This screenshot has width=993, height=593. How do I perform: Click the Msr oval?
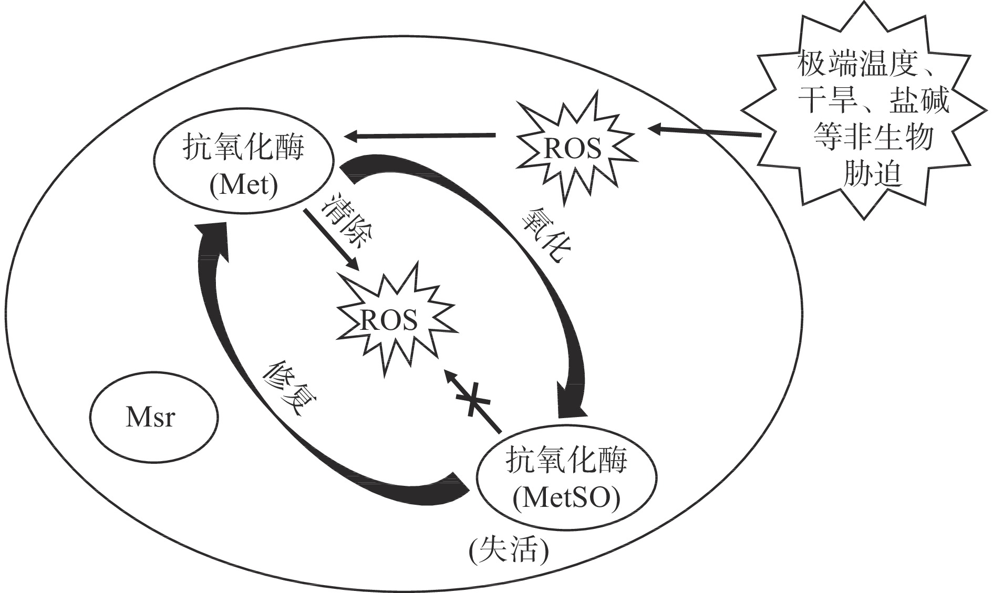[153, 418]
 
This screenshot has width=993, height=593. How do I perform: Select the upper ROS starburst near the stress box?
[573, 148]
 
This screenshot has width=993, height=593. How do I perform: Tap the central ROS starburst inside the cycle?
[389, 320]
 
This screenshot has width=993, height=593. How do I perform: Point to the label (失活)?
[509, 552]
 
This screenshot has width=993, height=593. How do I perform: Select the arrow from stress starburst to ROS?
[704, 131]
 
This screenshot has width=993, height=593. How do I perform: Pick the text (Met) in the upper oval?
[243, 185]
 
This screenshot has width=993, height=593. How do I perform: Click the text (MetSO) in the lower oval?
[566, 498]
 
